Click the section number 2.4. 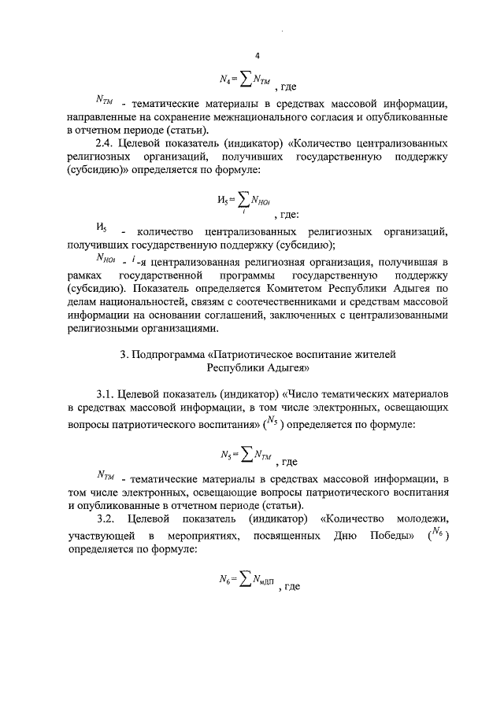(x=106, y=145)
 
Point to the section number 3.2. (x=106, y=518)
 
